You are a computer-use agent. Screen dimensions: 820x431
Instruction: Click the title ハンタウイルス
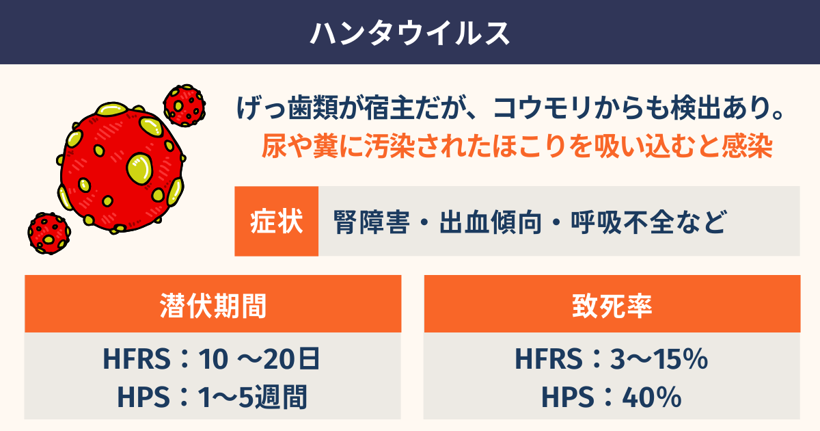pos(410,34)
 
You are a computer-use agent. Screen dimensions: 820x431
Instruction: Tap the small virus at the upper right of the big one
pos(184,105)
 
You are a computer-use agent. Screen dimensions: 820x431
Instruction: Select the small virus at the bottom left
pos(49,233)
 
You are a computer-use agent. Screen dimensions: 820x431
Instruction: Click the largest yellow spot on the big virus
pos(139,168)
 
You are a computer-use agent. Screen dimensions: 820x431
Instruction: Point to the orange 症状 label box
pos(276,221)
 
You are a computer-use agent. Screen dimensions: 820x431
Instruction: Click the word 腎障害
pos(371,222)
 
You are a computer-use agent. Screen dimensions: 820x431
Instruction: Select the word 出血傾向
pos(490,222)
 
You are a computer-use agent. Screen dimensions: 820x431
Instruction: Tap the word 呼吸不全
pos(623,222)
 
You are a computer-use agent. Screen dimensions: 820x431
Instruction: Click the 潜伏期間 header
pos(213,306)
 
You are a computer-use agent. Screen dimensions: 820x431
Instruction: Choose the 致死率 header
pos(612,306)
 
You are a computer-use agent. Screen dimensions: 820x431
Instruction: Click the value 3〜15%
pos(659,358)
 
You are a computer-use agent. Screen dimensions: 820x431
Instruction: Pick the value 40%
pos(652,397)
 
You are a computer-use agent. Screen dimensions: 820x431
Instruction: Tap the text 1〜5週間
pos(252,397)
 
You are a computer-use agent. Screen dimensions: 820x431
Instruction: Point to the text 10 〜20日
pos(259,358)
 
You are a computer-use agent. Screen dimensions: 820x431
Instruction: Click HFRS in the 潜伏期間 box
pos(137,358)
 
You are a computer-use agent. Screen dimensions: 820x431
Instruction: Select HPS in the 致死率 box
pos(567,397)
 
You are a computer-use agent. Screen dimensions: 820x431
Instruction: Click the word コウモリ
pos(543,108)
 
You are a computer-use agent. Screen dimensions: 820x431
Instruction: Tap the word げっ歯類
pos(288,108)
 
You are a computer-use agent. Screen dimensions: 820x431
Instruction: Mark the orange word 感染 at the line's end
pos(747,146)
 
